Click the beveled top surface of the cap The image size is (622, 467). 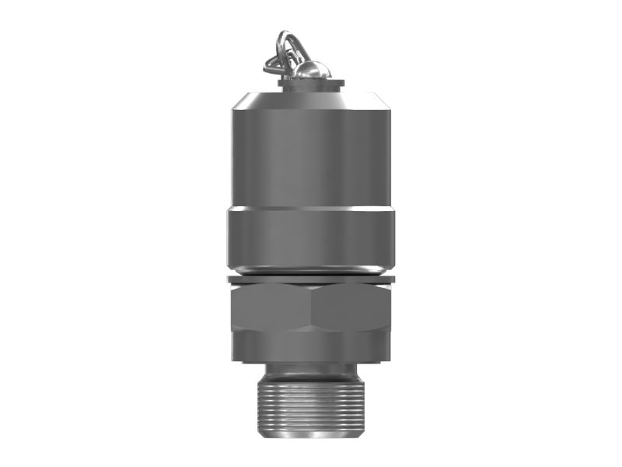click(x=311, y=99)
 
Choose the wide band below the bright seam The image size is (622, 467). click(x=311, y=237)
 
